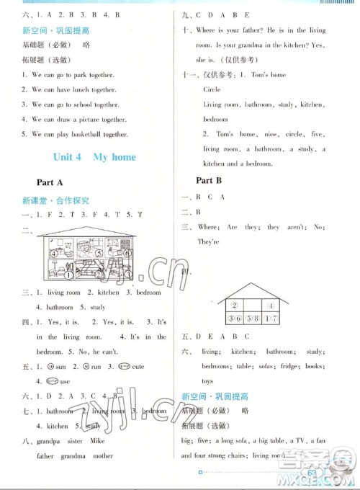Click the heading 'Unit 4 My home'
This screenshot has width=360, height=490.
(x=94, y=156)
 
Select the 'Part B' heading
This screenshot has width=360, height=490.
(x=211, y=180)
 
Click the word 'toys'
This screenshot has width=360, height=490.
(x=207, y=380)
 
